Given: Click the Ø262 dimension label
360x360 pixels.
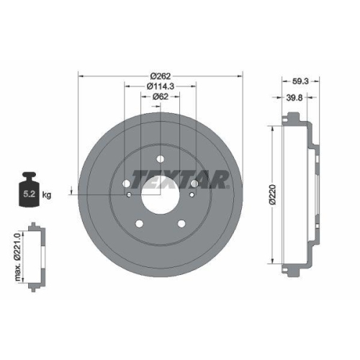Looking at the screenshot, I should click(160, 75).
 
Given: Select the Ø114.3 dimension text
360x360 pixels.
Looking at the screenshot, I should click(159, 86).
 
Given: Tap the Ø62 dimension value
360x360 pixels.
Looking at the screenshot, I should click(159, 98).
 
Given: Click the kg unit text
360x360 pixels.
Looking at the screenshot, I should click(47, 194).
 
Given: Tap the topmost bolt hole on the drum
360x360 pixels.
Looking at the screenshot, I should click(160, 160).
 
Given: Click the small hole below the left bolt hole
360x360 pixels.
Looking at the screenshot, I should click(128, 194).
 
